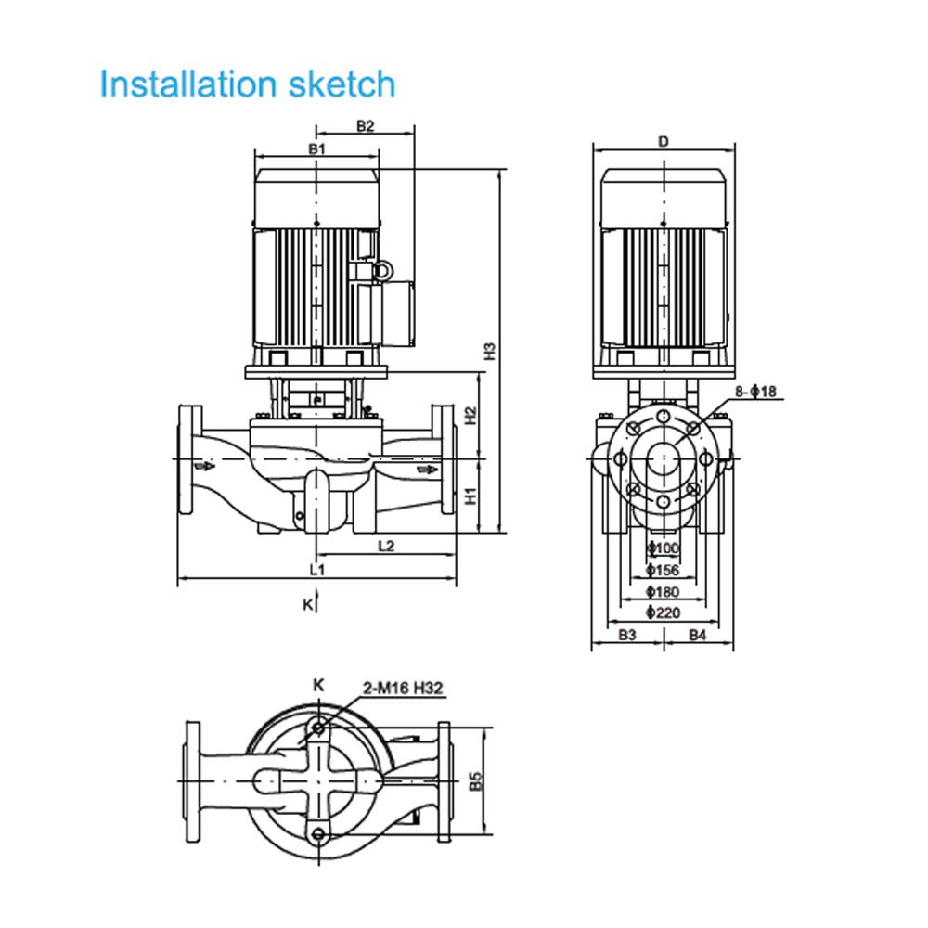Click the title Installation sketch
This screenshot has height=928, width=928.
(247, 84)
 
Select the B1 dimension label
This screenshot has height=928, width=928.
(317, 148)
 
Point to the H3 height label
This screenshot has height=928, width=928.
(492, 351)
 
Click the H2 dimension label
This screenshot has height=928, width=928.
(470, 415)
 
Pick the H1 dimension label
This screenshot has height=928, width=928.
(470, 496)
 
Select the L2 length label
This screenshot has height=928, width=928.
(387, 547)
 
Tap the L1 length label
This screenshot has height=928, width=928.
(317, 568)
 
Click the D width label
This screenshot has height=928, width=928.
(664, 142)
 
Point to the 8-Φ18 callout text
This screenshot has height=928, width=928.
(755, 392)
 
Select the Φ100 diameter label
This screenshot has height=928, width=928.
(664, 548)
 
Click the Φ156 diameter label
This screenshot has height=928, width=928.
(664, 569)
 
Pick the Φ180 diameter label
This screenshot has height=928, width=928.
(664, 591)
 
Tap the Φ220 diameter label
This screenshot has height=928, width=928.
(664, 612)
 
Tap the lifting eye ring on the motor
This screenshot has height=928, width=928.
(380, 270)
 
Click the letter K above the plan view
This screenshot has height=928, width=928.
(318, 685)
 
